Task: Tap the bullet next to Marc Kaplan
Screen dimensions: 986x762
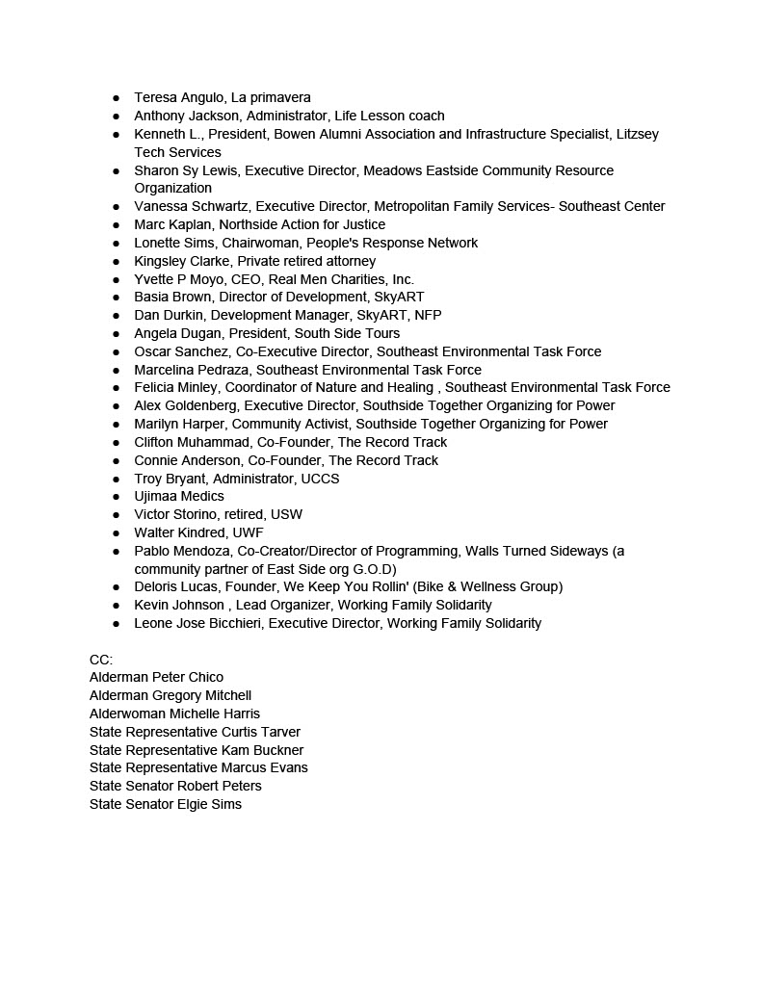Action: (116, 225)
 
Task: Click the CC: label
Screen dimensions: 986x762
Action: (101, 660)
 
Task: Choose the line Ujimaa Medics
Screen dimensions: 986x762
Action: (179, 496)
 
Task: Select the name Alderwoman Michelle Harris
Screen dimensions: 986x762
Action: (174, 714)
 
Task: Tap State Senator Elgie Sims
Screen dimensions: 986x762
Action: (166, 804)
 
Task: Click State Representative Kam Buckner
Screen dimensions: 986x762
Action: (197, 750)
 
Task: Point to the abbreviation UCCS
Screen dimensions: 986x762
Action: (320, 479)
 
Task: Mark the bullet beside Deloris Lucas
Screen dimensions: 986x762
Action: (116, 587)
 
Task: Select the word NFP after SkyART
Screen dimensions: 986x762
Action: (428, 315)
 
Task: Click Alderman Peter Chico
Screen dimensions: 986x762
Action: (156, 677)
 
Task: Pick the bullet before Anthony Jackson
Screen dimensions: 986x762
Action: (116, 117)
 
